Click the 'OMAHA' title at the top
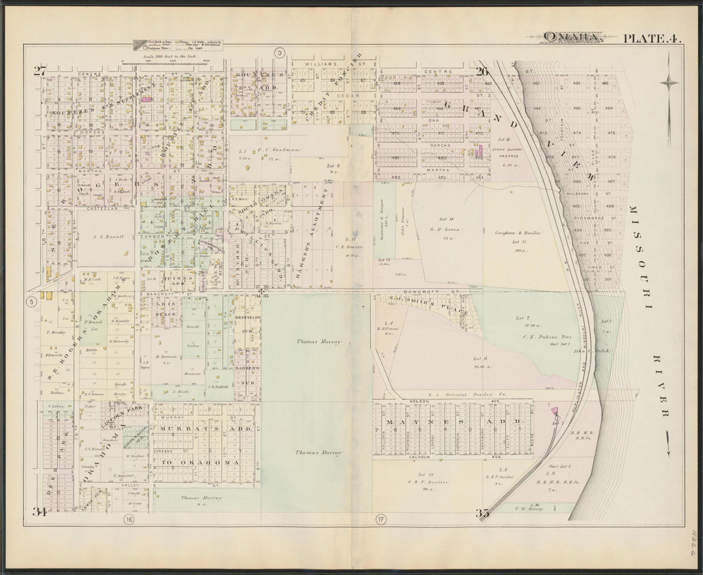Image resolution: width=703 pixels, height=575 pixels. [x=571, y=37]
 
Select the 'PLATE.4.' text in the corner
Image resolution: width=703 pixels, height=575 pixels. [x=651, y=38]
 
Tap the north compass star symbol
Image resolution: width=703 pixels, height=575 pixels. [x=669, y=82]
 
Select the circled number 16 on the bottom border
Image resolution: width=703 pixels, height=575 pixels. [x=130, y=519]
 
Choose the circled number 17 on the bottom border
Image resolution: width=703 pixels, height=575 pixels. [x=382, y=519]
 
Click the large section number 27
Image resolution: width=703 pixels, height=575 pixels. [x=40, y=71]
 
